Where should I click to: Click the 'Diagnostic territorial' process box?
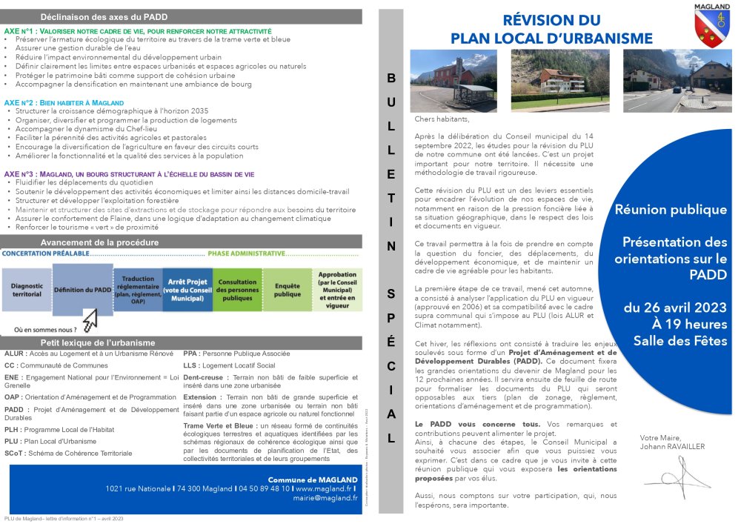click(27, 289)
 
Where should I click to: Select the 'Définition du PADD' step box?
click(83, 289)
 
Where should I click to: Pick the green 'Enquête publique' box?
click(287, 290)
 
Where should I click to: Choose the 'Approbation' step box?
click(337, 290)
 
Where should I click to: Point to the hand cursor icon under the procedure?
click(90, 320)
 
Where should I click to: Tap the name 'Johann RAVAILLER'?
click(674, 446)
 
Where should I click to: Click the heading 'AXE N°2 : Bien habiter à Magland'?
click(64, 102)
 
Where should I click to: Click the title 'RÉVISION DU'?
click(551, 20)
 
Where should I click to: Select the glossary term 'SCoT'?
click(15, 452)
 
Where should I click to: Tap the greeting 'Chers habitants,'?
click(442, 119)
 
